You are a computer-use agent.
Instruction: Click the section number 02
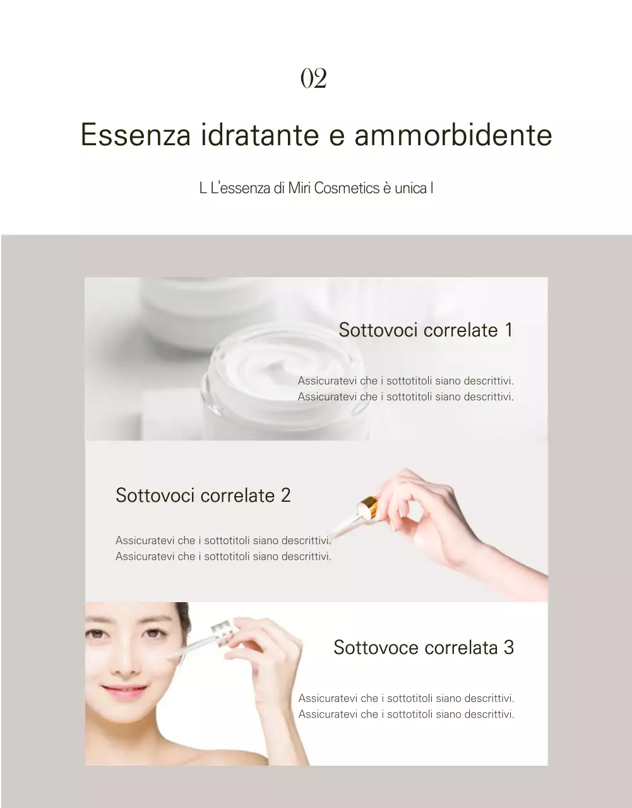point(313,79)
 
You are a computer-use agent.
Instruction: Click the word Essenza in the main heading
point(136,135)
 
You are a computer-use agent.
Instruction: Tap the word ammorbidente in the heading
point(453,135)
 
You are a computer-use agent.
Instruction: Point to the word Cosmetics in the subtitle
point(347,188)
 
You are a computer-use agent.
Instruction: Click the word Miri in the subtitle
point(299,188)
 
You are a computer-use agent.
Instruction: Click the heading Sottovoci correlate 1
point(425,330)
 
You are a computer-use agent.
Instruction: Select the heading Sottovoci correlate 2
point(203,496)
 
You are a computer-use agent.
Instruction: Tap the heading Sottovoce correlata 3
point(423,648)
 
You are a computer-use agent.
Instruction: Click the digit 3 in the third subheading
point(508,648)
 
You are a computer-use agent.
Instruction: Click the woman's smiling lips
point(124,692)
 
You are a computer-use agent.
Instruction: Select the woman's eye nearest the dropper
point(153,633)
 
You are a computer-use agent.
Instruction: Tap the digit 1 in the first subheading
point(508,330)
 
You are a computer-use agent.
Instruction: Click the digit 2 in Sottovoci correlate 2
point(285,496)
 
